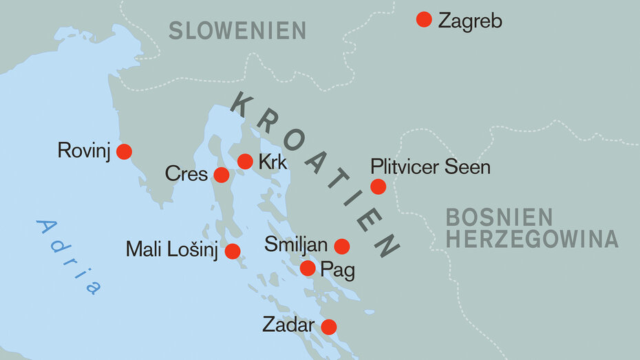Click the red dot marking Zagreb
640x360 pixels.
[x=424, y=19]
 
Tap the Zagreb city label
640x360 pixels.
[x=470, y=21]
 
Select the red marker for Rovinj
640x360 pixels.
[x=124, y=151]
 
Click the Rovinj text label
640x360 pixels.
[x=84, y=151]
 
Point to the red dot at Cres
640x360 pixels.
[x=221, y=175]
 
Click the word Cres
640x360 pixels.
[x=186, y=174]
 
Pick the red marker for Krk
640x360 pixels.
[x=245, y=162]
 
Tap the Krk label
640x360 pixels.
[x=273, y=162]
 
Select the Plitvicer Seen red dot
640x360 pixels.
[x=378, y=186]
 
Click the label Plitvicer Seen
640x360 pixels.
[x=430, y=167]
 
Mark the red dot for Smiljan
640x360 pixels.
[x=341, y=246]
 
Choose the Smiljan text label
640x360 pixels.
[x=296, y=244]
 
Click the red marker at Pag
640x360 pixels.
[x=308, y=268]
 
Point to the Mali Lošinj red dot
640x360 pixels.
[x=233, y=251]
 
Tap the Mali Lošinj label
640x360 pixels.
[x=172, y=250]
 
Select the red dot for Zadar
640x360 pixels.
[x=329, y=326]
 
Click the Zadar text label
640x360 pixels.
[x=288, y=326]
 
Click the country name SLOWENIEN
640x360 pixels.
[x=237, y=30]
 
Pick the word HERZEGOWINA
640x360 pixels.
[x=532, y=239]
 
